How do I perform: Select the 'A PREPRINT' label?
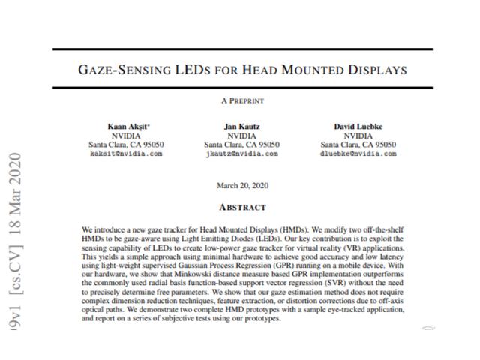(x=241, y=100)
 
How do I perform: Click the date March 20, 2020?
(x=241, y=185)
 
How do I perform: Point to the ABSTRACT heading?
(x=241, y=206)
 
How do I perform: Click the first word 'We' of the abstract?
(x=87, y=227)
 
